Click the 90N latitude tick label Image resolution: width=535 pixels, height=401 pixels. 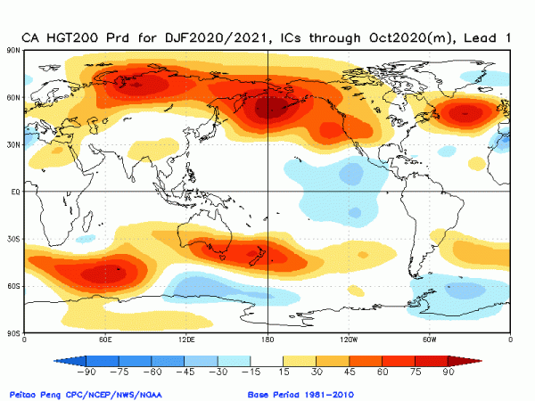(x=15, y=50)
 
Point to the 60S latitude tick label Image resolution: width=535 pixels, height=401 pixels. (x=15, y=286)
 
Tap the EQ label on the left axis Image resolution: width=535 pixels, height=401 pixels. (x=16, y=192)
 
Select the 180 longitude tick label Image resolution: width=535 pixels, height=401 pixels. (x=267, y=340)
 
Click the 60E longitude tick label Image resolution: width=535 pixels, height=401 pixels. (x=105, y=340)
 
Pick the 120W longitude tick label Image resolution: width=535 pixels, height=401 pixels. (x=349, y=340)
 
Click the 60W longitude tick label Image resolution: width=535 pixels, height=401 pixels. (x=429, y=340)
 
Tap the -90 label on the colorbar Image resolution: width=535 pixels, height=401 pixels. (x=86, y=372)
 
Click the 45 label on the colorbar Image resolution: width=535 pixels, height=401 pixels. (x=350, y=372)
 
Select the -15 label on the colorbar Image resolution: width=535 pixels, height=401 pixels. (x=251, y=372)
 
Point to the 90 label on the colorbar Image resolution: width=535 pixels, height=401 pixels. (x=448, y=372)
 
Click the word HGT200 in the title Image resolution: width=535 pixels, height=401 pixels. (x=72, y=37)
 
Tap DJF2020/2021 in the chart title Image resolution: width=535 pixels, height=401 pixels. (x=215, y=37)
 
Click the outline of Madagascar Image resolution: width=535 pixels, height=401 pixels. (x=87, y=221)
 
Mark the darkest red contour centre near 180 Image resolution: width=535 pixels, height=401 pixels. (x=272, y=108)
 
